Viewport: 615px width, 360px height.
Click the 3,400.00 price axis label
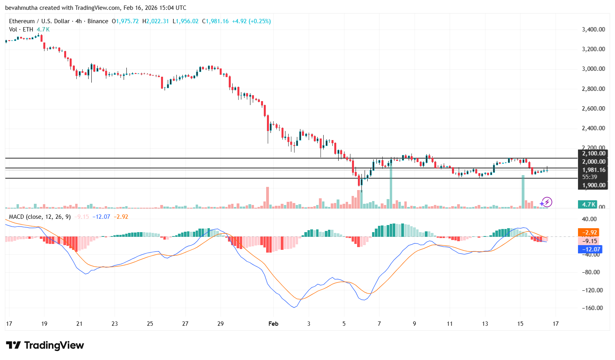coord(593,30)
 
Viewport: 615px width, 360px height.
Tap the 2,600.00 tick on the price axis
coord(593,109)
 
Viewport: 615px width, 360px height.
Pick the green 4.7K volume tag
coord(589,205)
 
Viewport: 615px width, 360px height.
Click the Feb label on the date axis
coord(273,324)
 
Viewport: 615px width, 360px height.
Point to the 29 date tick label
coord(220,324)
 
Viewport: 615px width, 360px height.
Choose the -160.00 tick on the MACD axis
coord(593,308)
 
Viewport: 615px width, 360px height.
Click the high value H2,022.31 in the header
coord(156,21)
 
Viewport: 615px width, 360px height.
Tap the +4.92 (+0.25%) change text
coord(251,21)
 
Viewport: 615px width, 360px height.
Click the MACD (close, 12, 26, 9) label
coord(40,217)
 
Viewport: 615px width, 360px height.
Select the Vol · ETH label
coord(21,30)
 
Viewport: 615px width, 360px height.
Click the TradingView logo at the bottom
coord(45,345)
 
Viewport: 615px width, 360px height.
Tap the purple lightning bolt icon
coord(546,202)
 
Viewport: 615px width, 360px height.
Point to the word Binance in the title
coord(98,21)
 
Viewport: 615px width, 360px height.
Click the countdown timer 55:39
coord(589,177)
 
